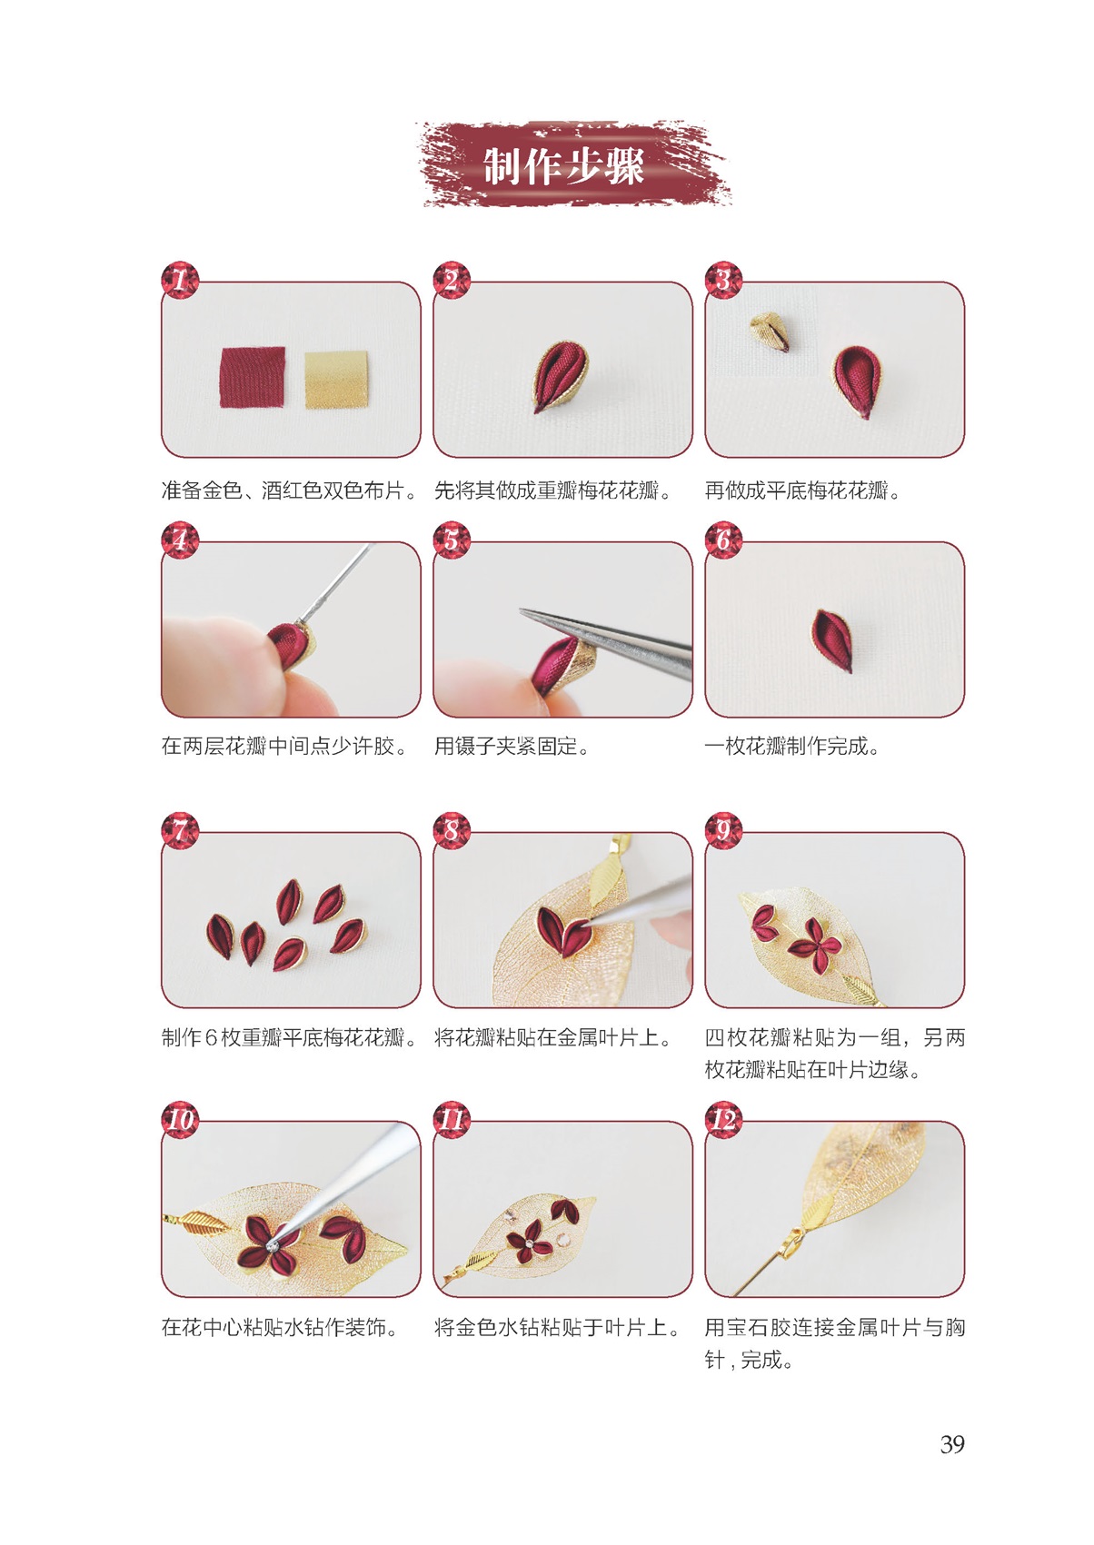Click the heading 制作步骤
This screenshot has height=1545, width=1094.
tap(563, 166)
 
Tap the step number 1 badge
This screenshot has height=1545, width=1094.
tap(179, 281)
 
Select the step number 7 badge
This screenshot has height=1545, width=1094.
tap(179, 831)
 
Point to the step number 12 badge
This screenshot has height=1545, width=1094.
tap(723, 1119)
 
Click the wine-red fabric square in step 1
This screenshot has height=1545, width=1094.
tap(253, 377)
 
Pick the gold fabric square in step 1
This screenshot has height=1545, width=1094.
tap(336, 380)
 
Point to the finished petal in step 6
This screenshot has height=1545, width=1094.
tap(830, 639)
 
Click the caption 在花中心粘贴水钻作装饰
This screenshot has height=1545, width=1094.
tap(280, 1327)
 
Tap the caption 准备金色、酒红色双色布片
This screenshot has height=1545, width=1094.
tap(289, 490)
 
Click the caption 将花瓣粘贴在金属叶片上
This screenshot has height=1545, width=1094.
tap(553, 1037)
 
